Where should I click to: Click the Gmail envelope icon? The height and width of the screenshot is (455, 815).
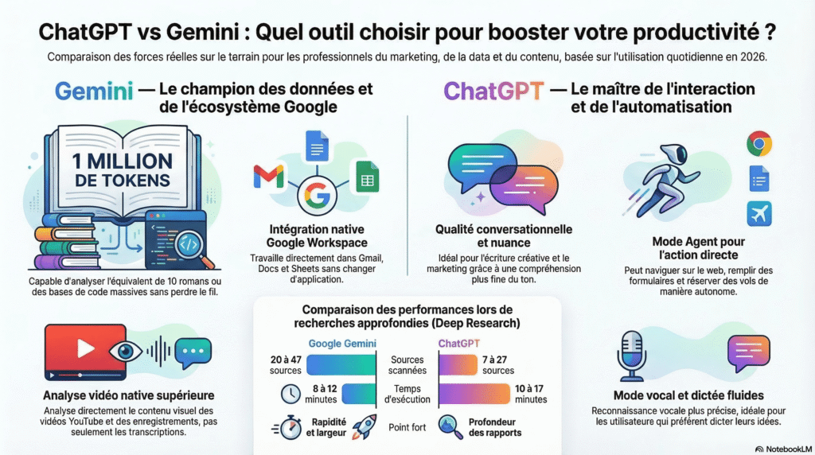269,177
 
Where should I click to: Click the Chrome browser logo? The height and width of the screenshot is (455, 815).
759,144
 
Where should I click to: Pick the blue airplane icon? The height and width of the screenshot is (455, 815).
759,213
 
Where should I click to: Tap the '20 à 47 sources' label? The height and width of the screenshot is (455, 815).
285,365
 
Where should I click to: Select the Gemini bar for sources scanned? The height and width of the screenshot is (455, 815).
341,365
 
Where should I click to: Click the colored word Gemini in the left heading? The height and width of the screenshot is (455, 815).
93,91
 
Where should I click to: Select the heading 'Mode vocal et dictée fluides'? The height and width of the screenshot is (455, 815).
688,395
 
